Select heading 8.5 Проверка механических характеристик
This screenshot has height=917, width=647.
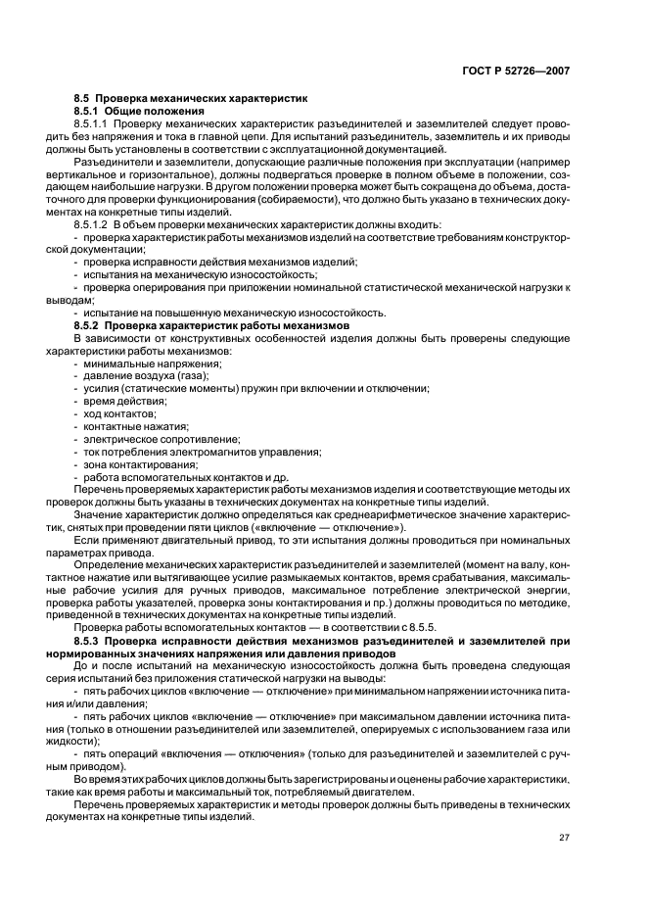(191, 99)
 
